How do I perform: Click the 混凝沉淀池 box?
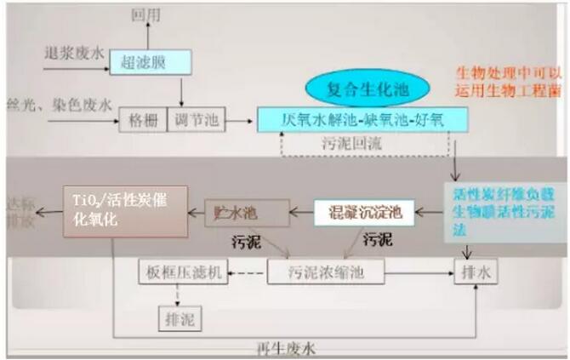[363, 211]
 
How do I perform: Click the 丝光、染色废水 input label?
[59, 105]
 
